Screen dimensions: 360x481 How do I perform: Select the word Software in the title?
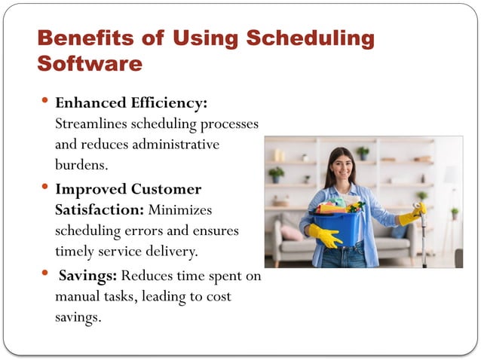(89, 63)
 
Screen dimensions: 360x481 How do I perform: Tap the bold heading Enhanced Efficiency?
(131, 102)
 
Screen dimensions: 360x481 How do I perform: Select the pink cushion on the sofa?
(290, 233)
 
